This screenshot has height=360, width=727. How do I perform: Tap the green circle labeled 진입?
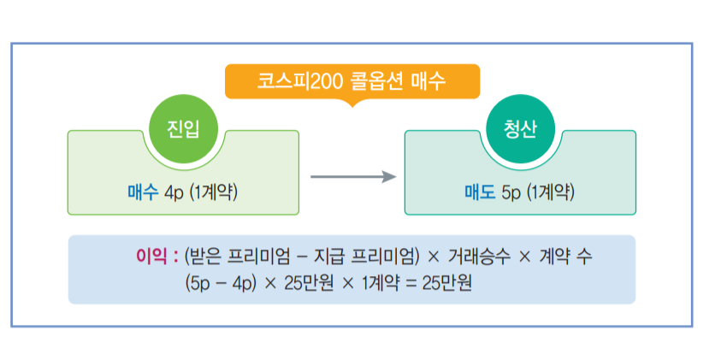[x=182, y=130]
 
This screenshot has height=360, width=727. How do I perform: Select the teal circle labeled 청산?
[x=520, y=130]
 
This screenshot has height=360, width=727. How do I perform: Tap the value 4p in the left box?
[x=174, y=192]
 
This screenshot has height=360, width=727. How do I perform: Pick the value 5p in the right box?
[x=511, y=192]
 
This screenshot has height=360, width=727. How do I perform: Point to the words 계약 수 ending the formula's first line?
[x=564, y=255]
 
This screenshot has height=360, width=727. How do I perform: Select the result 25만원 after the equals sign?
[x=446, y=281]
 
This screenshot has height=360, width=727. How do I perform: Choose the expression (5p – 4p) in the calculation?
[x=218, y=281]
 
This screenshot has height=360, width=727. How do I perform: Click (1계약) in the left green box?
[x=213, y=192]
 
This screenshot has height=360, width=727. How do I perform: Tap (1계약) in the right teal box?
[x=550, y=192]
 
